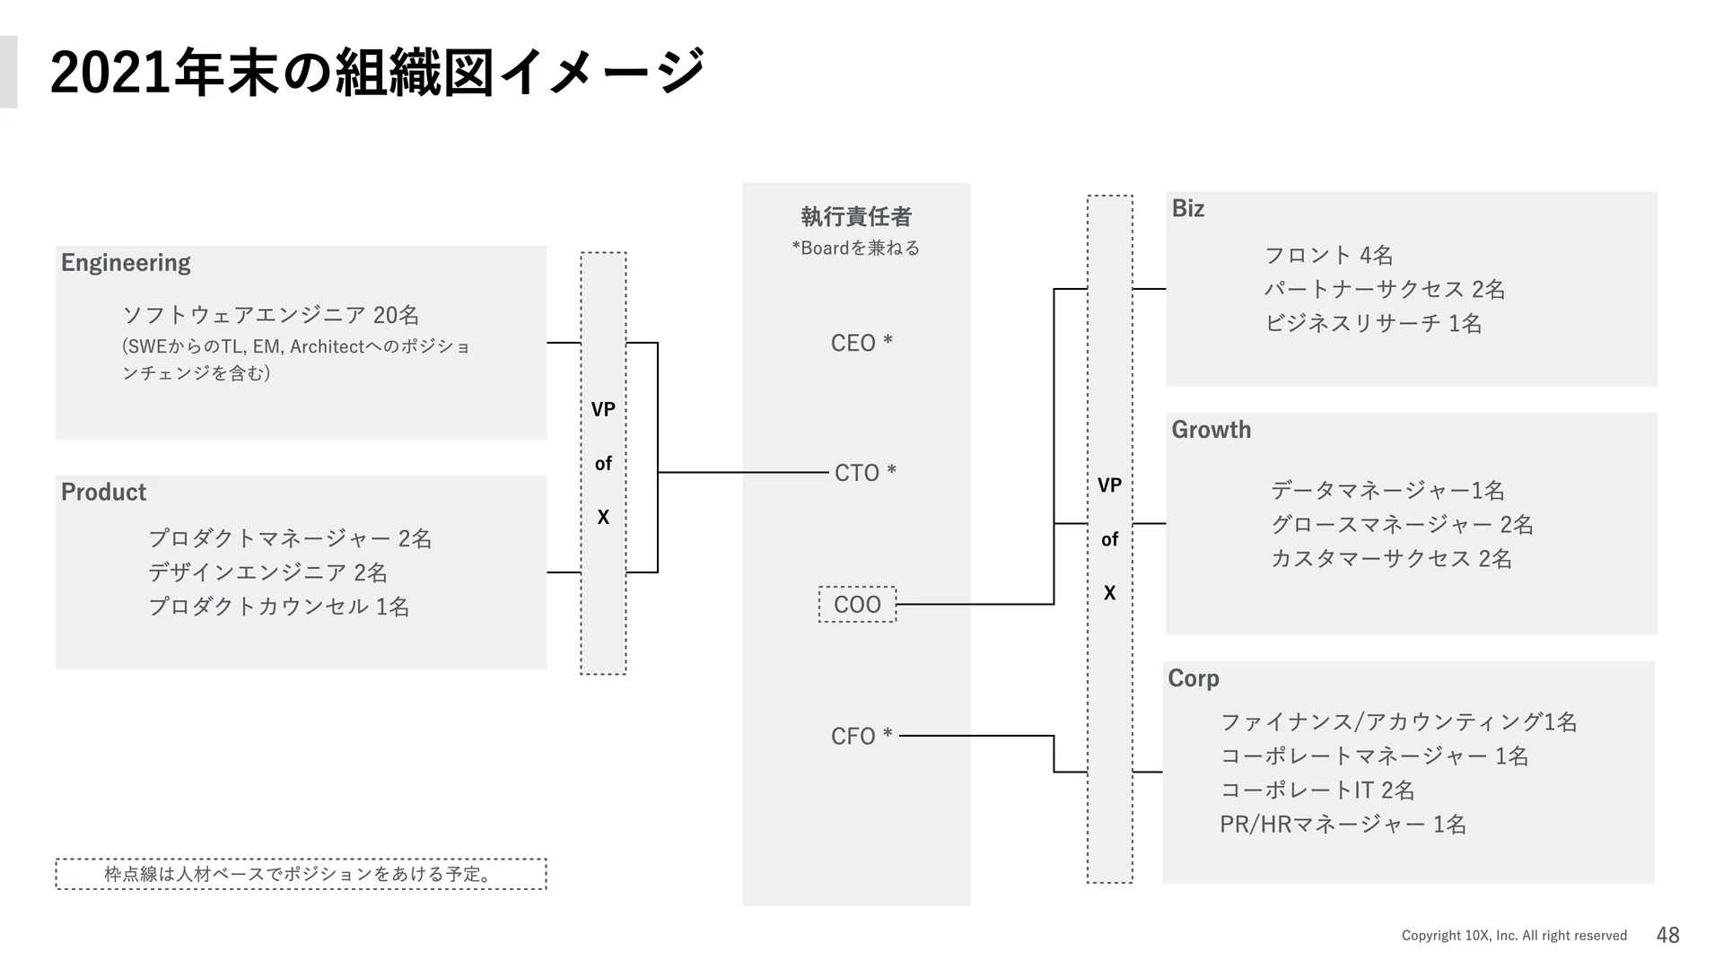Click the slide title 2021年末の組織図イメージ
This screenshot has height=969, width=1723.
[x=377, y=72]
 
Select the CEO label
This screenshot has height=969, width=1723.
[x=861, y=343]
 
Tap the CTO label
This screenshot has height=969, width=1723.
[x=864, y=472]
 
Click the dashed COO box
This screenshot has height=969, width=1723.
[x=857, y=604]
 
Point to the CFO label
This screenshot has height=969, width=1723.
[x=861, y=736]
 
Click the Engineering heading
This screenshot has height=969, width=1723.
[x=126, y=262]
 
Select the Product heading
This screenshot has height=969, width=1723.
[x=103, y=492]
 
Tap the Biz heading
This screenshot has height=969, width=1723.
[x=1187, y=208]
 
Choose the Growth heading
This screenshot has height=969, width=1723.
[x=1211, y=430]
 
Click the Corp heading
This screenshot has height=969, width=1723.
[x=1193, y=678]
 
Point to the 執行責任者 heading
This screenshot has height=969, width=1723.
[x=856, y=216]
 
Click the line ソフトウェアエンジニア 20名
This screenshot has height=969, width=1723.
[x=270, y=315]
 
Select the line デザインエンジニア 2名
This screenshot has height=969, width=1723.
[x=267, y=572]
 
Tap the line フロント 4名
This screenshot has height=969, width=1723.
[x=1328, y=255]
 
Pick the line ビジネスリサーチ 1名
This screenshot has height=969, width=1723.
[x=1373, y=323]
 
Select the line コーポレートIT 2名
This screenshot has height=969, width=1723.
[x=1316, y=790]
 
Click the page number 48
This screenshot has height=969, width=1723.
[x=1667, y=935]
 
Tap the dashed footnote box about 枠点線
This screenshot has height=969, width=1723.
[x=301, y=874]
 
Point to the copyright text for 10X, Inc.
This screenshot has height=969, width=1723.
[x=1514, y=935]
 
